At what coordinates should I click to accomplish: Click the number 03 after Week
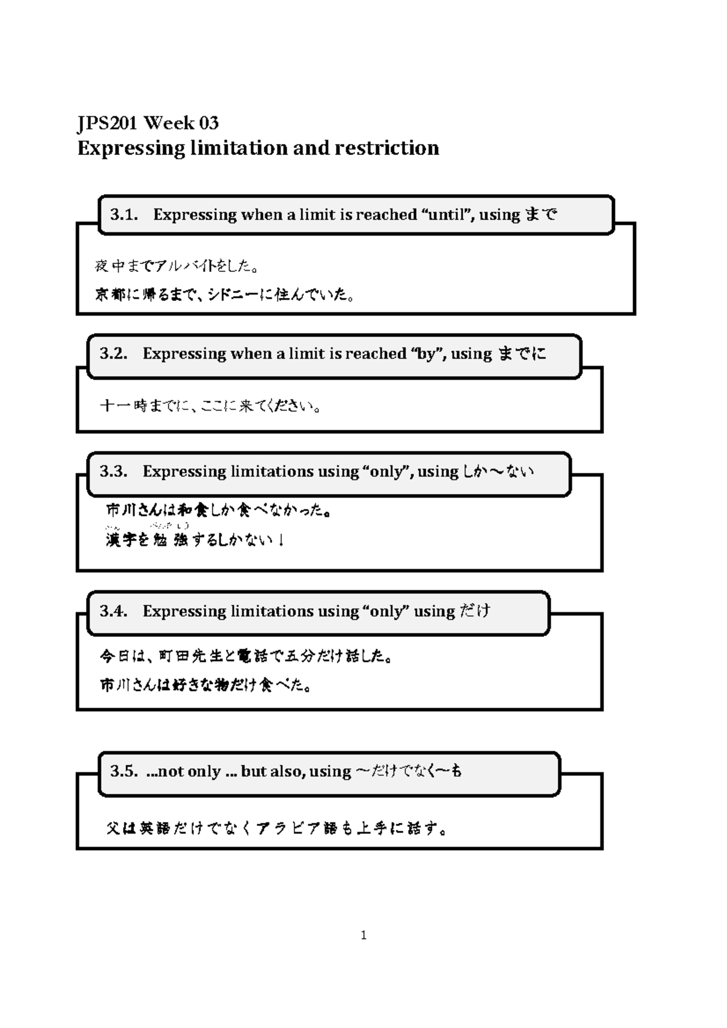tap(208, 123)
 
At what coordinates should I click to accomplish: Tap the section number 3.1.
tap(124, 214)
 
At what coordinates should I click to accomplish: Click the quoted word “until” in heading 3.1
tap(446, 214)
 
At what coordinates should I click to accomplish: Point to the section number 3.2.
tap(113, 354)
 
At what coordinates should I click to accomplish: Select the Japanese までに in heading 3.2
tap(522, 354)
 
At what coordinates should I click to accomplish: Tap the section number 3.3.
tap(113, 471)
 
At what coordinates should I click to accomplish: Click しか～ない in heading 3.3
tap(498, 471)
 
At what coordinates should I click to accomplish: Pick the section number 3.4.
tap(113, 611)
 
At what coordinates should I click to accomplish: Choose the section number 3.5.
tap(124, 771)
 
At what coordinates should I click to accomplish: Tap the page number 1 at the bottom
tap(363, 935)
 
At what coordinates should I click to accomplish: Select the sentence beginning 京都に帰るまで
tap(224, 295)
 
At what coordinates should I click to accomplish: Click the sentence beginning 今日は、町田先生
tap(246, 656)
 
